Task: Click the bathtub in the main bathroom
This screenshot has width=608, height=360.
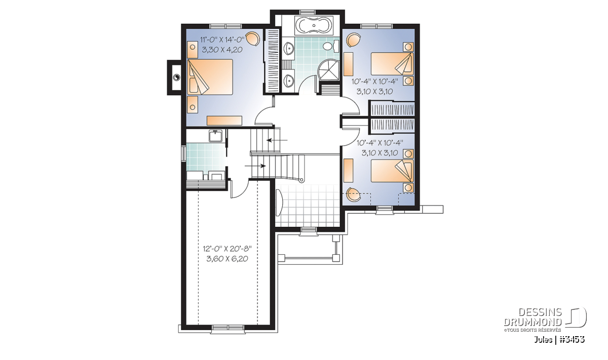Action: [x=314, y=26]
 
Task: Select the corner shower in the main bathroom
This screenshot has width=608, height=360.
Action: [x=328, y=70]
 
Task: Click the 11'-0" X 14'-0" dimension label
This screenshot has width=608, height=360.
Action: [x=222, y=39]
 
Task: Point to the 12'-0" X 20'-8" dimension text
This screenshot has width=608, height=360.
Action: [x=227, y=248]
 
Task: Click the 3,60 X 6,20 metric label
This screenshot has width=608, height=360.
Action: [x=227, y=259]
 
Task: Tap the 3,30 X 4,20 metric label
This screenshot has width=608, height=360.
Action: [x=222, y=50]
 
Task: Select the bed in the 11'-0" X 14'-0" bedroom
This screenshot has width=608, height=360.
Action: [x=210, y=77]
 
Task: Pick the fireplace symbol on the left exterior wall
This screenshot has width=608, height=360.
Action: [x=176, y=77]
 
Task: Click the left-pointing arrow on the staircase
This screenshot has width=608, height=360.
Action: [x=277, y=140]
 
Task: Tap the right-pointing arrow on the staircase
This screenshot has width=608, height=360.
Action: [x=255, y=166]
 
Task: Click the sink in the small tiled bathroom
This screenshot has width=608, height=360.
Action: [x=215, y=136]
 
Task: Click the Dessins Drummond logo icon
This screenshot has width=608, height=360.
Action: [x=576, y=317]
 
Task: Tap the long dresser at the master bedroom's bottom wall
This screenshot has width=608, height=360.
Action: [x=224, y=121]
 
